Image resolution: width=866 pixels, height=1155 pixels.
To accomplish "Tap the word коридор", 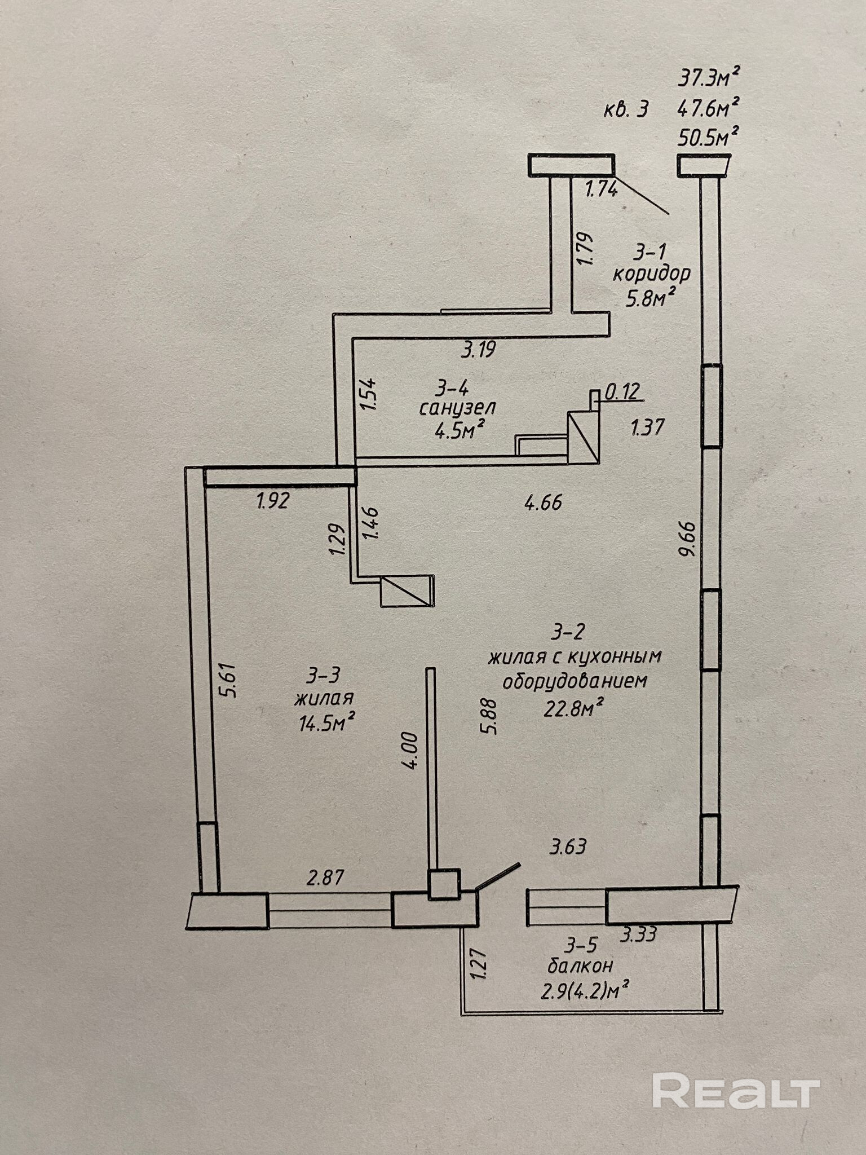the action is (651, 274).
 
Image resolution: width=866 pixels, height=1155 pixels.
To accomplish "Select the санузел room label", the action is (457, 407).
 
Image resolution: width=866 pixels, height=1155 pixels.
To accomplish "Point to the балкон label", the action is (580, 965).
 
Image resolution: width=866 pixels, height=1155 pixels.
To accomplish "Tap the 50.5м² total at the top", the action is (708, 137).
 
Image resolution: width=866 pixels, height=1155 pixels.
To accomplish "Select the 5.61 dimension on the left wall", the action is (230, 681).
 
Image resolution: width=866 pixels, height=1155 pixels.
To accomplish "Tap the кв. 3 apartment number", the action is (626, 108).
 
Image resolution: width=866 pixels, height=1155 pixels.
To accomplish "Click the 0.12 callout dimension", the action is (623, 391).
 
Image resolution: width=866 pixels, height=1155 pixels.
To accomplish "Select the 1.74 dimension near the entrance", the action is (602, 188).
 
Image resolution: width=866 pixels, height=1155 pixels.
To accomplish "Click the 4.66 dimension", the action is (543, 502).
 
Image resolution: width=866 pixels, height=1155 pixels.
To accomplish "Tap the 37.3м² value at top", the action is (709, 77).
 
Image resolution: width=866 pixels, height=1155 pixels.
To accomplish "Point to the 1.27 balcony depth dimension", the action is (477, 964).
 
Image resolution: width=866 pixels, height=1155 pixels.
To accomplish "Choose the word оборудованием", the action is (574, 681).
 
